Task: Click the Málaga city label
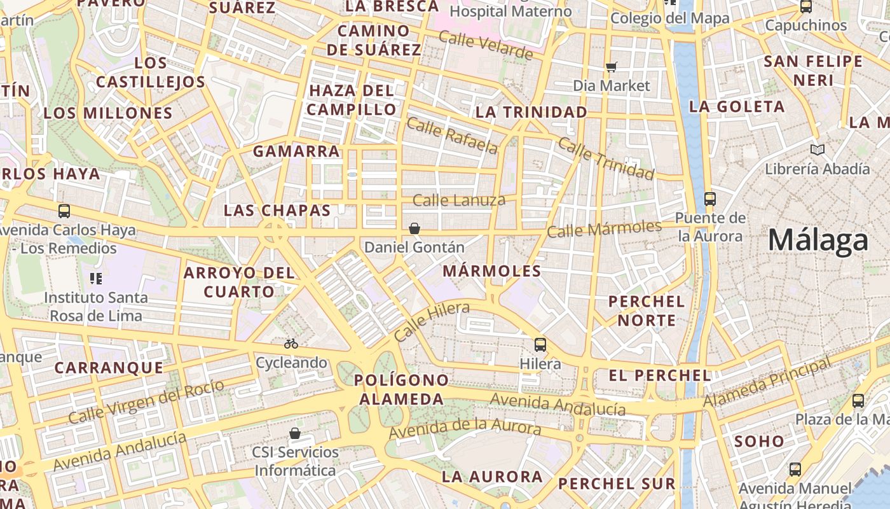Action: point(818,241)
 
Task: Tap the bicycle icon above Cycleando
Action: point(291,344)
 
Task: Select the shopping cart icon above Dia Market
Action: point(612,67)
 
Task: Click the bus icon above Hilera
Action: point(540,345)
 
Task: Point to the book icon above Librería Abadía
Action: point(818,150)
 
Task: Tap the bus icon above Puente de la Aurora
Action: point(710,199)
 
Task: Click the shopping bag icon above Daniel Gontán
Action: point(414,228)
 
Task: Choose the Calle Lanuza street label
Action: point(459,200)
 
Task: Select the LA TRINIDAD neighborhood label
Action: point(531,113)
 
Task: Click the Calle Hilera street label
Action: point(432,322)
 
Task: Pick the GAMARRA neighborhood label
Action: point(297,151)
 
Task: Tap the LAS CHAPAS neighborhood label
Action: point(277,211)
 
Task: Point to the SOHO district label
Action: point(760,441)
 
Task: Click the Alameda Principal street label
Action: point(767,383)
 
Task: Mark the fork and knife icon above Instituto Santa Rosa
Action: point(96,278)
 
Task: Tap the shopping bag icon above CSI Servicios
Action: point(295,433)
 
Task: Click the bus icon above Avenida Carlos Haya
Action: point(64,211)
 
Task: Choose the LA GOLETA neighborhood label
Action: point(737,106)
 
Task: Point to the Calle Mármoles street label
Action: point(604,228)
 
